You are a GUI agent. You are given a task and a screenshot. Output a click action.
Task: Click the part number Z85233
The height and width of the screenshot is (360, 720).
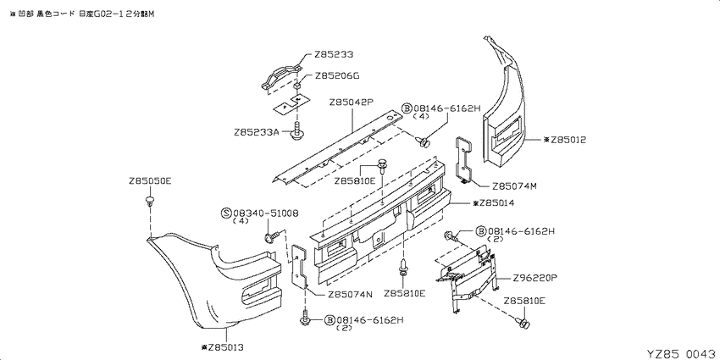[334, 55]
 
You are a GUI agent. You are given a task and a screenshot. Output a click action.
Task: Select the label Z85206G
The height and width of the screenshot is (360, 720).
[337, 76]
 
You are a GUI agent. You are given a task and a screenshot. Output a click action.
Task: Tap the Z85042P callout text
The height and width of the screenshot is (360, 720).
[351, 102]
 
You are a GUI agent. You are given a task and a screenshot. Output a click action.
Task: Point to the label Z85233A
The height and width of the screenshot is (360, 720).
[256, 132]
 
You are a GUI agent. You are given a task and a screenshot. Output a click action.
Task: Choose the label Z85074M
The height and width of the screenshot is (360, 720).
[514, 186]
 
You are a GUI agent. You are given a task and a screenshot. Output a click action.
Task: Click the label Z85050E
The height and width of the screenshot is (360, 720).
[150, 181]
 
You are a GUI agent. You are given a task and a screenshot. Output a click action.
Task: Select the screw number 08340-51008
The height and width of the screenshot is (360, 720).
[266, 213]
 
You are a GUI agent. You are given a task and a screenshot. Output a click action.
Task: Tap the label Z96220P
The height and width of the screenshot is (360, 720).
[535, 278]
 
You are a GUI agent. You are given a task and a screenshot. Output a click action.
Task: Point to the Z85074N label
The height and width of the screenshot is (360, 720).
[350, 295]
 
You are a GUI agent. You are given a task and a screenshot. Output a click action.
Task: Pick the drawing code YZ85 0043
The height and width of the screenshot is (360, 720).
[681, 354]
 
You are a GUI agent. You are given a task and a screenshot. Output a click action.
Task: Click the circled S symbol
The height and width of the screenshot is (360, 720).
[226, 213]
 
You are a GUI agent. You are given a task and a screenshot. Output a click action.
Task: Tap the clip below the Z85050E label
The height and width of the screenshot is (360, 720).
[150, 200]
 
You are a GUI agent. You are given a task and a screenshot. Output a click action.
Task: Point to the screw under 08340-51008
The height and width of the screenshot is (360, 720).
[271, 237]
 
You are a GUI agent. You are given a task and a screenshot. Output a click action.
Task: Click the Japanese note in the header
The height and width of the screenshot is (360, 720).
[81, 14]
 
